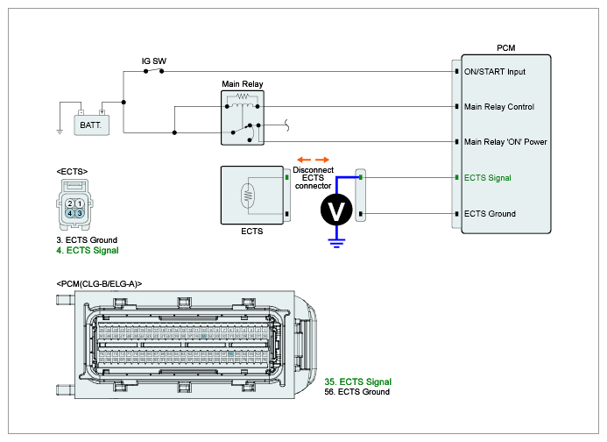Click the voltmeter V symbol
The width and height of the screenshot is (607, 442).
[336, 210]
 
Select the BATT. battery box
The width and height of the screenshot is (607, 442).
[91, 125]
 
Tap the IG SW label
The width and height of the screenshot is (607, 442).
[153, 61]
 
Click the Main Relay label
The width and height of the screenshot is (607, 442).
[243, 83]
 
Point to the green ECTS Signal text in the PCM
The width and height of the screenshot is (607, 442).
[487, 178]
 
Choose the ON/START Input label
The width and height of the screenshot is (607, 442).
[495, 72]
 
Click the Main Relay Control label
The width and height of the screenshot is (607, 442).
[499, 107]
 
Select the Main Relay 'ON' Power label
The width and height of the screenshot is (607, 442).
[505, 142]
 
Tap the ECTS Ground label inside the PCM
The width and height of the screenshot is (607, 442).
[490, 214]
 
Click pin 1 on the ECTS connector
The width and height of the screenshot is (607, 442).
[80, 203]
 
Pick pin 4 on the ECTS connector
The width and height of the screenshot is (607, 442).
[70, 213]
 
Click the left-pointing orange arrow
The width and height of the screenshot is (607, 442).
[304, 160]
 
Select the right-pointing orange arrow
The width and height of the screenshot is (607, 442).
[322, 160]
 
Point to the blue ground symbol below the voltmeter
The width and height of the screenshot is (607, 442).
[336, 243]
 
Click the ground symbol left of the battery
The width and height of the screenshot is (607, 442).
[60, 132]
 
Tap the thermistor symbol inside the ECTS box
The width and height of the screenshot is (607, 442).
[248, 196]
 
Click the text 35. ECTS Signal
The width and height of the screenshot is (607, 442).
[358, 381]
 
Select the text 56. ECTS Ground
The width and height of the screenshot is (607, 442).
[356, 392]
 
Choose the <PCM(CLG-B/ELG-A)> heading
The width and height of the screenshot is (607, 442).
[99, 284]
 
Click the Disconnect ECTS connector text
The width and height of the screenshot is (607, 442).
[314, 178]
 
